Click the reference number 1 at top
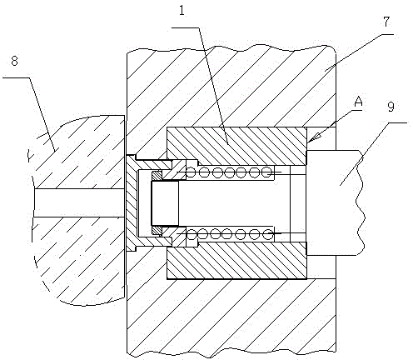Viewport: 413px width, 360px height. [x=182, y=11]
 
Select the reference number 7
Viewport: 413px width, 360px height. [x=386, y=22]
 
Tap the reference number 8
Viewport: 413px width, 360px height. [x=14, y=61]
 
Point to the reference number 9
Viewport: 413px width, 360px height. [x=391, y=107]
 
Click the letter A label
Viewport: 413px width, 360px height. [x=359, y=102]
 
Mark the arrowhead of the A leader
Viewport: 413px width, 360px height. [x=313, y=137]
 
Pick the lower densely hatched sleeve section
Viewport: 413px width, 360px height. [x=236, y=261]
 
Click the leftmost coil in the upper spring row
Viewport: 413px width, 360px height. [x=191, y=172]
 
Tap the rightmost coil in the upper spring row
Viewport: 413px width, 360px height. [x=267, y=172]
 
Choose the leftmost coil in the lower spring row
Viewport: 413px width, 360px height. [x=192, y=234]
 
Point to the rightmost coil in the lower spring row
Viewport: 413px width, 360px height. [x=268, y=234]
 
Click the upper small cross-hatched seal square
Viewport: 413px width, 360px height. [x=157, y=176]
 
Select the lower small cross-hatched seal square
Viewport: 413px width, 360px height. [x=157, y=230]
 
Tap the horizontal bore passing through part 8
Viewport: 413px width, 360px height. [x=79, y=202]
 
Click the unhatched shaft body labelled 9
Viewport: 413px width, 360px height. [x=335, y=202]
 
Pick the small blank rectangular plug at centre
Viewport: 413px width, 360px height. [x=165, y=203]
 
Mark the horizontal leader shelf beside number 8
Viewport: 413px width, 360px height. [x=16, y=77]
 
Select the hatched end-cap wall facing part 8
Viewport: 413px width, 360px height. [x=132, y=202]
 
